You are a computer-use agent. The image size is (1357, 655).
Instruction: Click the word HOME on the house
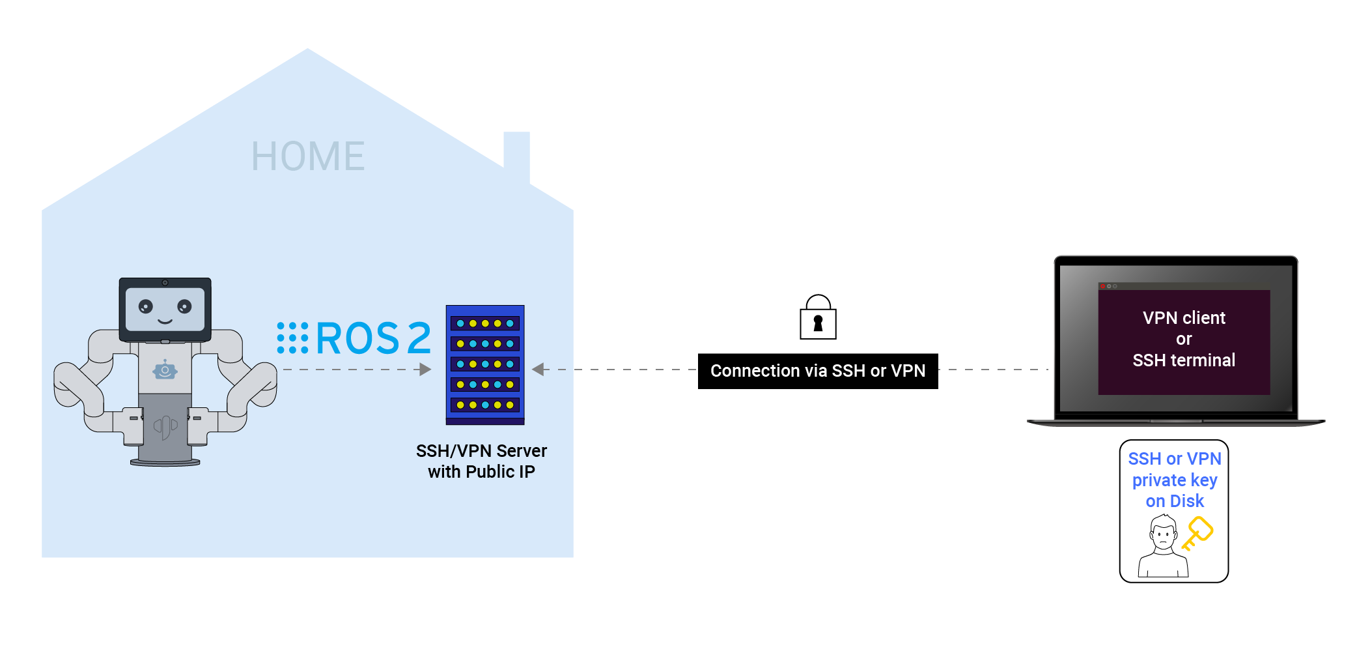(x=308, y=156)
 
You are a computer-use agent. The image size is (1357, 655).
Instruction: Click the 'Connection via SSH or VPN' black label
(x=818, y=371)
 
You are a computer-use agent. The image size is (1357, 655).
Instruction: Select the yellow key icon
(x=1197, y=532)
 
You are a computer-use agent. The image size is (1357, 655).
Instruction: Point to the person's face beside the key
(x=1163, y=535)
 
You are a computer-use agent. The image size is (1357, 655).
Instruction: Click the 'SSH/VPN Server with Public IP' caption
(x=481, y=461)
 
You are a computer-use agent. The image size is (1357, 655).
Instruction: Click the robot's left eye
(x=146, y=306)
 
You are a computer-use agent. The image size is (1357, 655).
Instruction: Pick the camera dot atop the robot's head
(x=165, y=283)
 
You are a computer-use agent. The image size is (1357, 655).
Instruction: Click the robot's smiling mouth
(x=165, y=321)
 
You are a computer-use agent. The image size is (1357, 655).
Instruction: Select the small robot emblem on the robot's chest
(x=165, y=370)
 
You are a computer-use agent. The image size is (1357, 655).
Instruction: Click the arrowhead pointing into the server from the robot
(x=425, y=370)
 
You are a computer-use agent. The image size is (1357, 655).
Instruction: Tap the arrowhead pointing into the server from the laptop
(x=538, y=370)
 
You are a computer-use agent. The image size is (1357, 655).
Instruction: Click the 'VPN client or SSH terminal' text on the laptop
(x=1184, y=339)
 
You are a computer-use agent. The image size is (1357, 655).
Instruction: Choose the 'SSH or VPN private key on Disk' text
(x=1175, y=480)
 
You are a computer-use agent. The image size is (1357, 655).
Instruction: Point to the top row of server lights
(x=485, y=323)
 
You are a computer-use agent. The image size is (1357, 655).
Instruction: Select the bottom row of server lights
(x=485, y=405)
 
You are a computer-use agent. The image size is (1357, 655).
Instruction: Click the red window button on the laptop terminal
(x=1102, y=286)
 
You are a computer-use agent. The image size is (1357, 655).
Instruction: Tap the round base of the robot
(x=165, y=463)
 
